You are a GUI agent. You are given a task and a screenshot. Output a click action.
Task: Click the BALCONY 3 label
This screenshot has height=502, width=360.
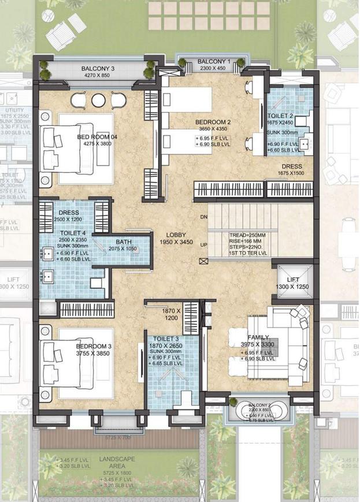pos(98,68)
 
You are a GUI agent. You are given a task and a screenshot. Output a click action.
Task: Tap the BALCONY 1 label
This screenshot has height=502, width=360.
pos(214,61)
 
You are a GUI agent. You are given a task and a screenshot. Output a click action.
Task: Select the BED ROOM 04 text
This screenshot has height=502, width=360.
pos(97,137)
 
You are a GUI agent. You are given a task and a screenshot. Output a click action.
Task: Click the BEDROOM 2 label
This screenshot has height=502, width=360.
pos(213,122)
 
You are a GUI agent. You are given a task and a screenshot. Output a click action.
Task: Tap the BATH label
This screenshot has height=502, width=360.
pos(124,242)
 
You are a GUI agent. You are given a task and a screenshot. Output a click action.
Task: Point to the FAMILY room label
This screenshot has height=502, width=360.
pos(258,337)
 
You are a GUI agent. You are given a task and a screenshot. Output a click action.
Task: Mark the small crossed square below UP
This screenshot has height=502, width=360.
pos(202,262)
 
